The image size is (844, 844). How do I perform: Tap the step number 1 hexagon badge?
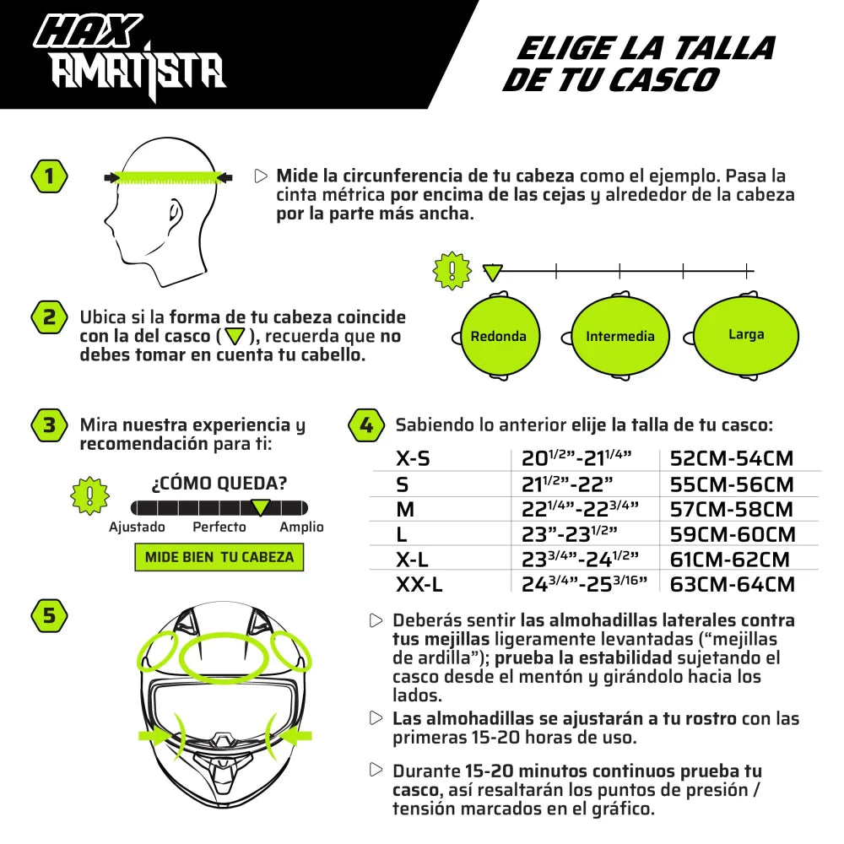(x=49, y=176)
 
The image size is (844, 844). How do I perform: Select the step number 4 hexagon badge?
(x=366, y=425)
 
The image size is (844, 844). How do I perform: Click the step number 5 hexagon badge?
(x=49, y=616)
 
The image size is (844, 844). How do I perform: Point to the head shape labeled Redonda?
(x=498, y=336)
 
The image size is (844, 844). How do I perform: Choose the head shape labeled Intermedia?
(x=619, y=336)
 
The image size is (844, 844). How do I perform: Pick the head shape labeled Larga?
(x=745, y=335)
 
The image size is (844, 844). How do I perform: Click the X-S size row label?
(x=413, y=459)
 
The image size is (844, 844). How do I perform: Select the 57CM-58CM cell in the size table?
(x=731, y=510)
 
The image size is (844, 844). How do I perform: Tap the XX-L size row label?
(x=419, y=584)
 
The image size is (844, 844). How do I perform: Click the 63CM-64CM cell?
(x=732, y=584)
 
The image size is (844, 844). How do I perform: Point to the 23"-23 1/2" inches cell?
(x=570, y=534)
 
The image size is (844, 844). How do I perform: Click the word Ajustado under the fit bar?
(x=137, y=527)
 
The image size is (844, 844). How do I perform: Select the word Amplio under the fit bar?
(x=301, y=527)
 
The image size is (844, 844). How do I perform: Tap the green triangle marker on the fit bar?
(x=261, y=507)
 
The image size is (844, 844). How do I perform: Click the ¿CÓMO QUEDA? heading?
(x=219, y=484)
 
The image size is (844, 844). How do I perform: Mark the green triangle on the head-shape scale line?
(x=492, y=272)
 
